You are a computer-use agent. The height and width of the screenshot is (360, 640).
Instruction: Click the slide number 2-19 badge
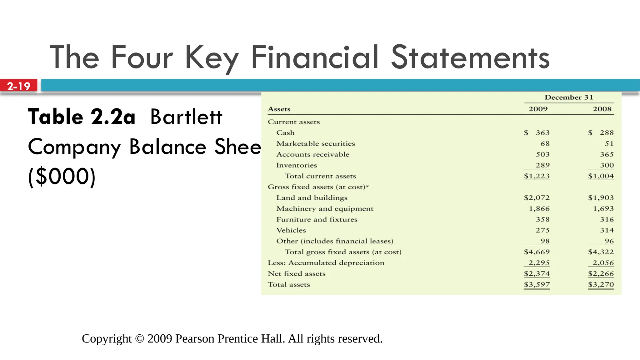[19, 86]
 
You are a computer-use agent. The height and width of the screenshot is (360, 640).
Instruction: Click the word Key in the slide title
[212, 58]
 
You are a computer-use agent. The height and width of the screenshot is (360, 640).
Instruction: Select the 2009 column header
[538, 109]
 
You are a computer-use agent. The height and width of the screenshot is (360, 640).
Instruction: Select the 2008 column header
[602, 109]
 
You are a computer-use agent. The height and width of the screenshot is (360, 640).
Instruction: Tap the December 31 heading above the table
[568, 97]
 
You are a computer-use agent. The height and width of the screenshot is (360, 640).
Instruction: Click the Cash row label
[285, 133]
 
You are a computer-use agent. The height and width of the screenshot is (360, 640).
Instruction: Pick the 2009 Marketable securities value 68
[545, 144]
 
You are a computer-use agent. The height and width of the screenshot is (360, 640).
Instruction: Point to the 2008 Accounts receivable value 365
[607, 154]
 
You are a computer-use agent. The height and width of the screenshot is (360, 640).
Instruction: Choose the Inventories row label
[297, 165]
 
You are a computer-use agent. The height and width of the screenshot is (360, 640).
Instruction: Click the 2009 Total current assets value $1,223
[537, 176]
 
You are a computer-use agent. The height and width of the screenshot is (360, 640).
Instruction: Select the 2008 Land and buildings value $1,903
[601, 198]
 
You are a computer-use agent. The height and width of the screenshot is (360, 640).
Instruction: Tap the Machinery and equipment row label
[325, 209]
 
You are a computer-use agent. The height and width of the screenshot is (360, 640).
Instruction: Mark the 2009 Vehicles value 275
[542, 230]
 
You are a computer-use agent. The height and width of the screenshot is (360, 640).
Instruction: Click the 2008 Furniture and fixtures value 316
[607, 219]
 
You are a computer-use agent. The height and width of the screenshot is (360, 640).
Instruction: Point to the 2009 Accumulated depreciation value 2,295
[539, 263]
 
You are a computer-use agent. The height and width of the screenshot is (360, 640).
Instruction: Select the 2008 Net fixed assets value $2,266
[601, 274]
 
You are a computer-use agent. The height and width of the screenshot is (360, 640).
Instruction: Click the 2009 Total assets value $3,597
[537, 285]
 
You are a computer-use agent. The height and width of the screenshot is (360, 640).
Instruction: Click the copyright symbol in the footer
[140, 339]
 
